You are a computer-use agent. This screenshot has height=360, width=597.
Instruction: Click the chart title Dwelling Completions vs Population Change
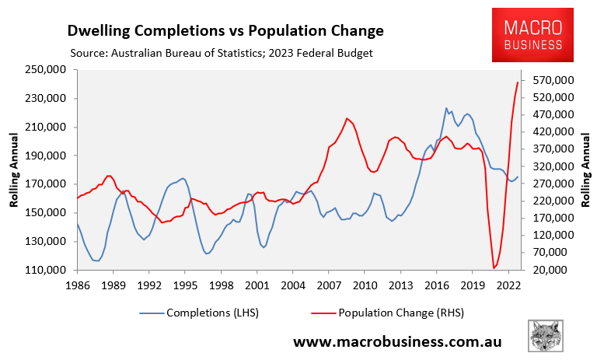click(226, 32)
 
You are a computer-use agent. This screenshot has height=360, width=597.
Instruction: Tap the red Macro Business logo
click(528, 35)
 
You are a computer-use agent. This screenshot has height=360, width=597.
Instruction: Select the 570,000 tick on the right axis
click(557, 80)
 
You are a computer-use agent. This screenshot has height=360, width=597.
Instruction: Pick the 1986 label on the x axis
click(77, 285)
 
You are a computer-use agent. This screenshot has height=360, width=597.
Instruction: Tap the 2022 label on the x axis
click(508, 285)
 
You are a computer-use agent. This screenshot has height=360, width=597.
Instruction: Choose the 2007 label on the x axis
click(328, 285)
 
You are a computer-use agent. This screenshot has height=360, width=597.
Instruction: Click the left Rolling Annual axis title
click(14, 170)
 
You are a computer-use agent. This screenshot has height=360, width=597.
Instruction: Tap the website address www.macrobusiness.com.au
click(396, 341)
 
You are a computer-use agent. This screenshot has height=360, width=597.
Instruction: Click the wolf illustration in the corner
click(546, 335)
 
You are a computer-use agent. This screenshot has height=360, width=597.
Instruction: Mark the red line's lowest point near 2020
click(494, 269)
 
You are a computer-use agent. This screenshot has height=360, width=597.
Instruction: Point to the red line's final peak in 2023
click(518, 82)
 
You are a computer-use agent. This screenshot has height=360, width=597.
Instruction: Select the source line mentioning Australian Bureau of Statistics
click(222, 54)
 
